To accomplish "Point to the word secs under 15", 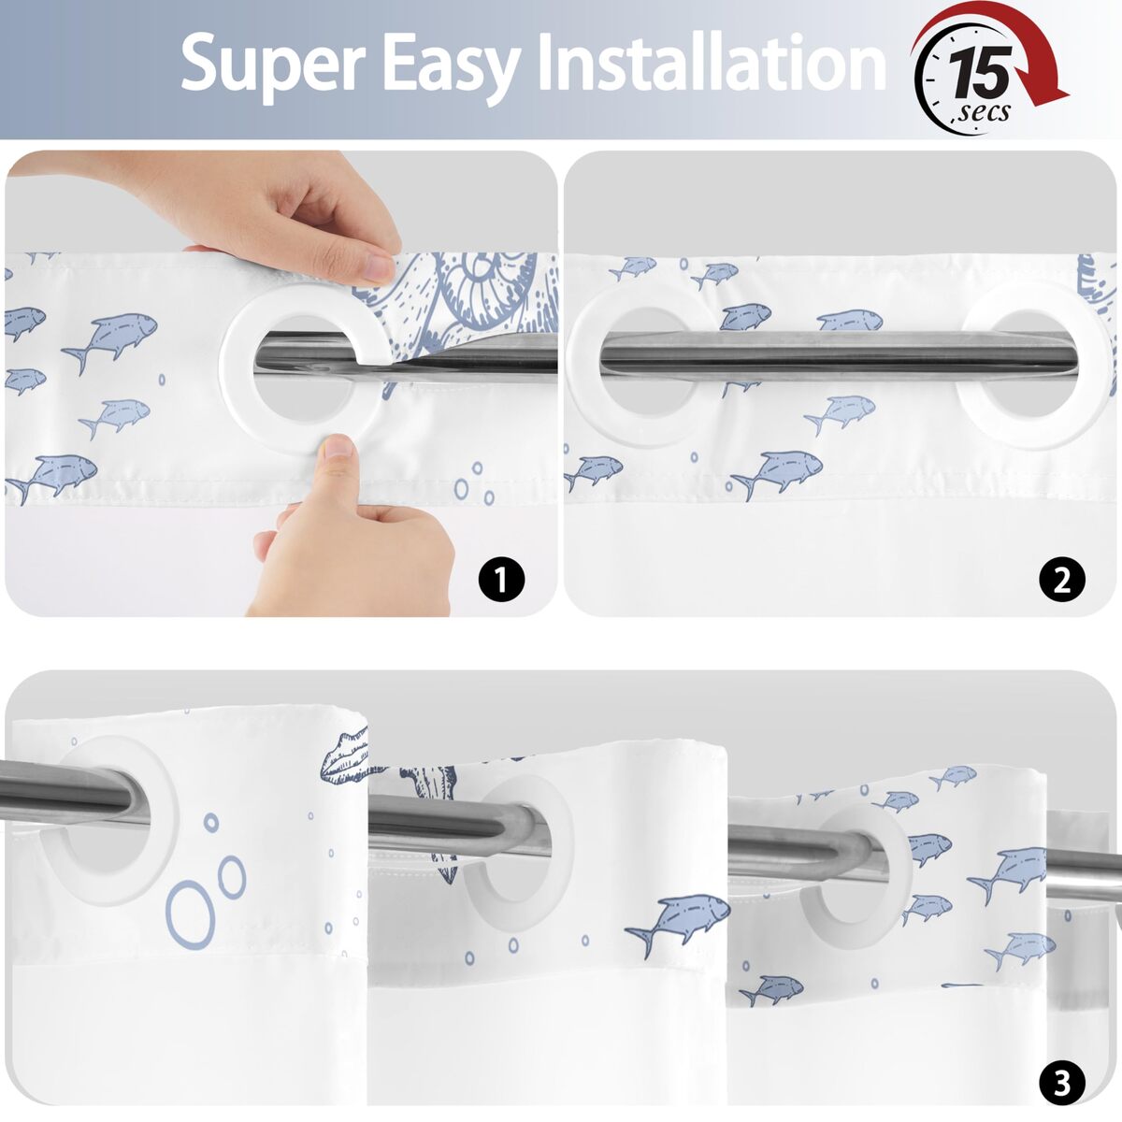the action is pyautogui.click(x=983, y=112).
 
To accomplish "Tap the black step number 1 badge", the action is pyautogui.click(x=501, y=580).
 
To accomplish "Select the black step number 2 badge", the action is pyautogui.click(x=1062, y=580).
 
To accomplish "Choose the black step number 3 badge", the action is pyautogui.click(x=1062, y=1083).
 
